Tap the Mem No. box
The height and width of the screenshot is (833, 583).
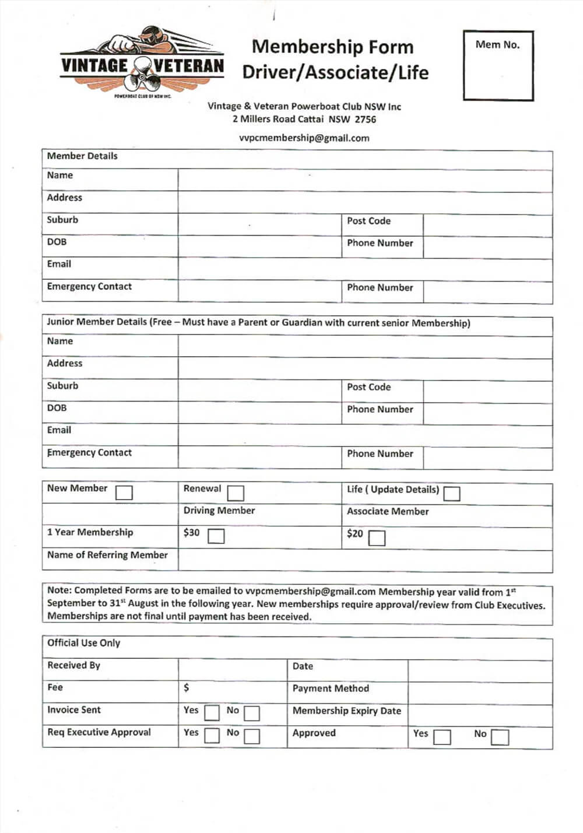(498, 66)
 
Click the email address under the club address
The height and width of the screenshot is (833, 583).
(304, 138)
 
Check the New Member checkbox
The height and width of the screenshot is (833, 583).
(124, 493)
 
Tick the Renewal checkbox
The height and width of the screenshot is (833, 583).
(236, 493)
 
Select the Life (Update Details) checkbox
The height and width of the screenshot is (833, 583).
(452, 494)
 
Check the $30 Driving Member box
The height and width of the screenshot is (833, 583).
(216, 536)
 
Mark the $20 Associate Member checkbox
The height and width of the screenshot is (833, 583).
(377, 537)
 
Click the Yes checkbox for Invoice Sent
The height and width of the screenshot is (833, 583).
(212, 713)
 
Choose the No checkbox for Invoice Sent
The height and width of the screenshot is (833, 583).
(252, 713)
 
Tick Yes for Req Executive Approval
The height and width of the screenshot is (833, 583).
(212, 736)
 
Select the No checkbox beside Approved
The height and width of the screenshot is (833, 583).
(500, 737)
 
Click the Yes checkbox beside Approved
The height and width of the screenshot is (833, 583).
(442, 737)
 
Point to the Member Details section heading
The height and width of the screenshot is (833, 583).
(82, 156)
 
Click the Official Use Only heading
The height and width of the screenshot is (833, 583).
(83, 643)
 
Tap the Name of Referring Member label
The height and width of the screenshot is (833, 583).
(107, 555)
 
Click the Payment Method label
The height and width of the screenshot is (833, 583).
(331, 688)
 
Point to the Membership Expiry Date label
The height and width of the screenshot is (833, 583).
(347, 711)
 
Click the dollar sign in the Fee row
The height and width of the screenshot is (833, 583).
(187, 688)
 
